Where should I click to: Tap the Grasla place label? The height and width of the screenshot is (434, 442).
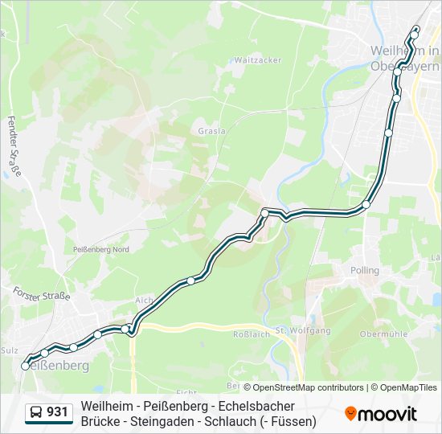click(x=212, y=130)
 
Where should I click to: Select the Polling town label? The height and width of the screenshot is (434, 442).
click(x=365, y=271)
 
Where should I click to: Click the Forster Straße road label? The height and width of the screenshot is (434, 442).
click(x=42, y=295)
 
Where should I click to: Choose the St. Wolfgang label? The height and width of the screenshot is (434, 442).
click(x=303, y=330)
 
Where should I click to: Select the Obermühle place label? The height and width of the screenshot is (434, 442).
click(x=380, y=334)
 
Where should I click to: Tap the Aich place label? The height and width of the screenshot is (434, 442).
click(x=144, y=300)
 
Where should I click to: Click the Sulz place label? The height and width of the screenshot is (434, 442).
click(x=10, y=350)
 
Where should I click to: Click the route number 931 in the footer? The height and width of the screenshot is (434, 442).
click(x=57, y=412)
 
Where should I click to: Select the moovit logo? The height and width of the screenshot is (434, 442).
click(x=381, y=413)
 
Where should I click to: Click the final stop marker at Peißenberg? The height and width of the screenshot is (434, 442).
click(x=26, y=366)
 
